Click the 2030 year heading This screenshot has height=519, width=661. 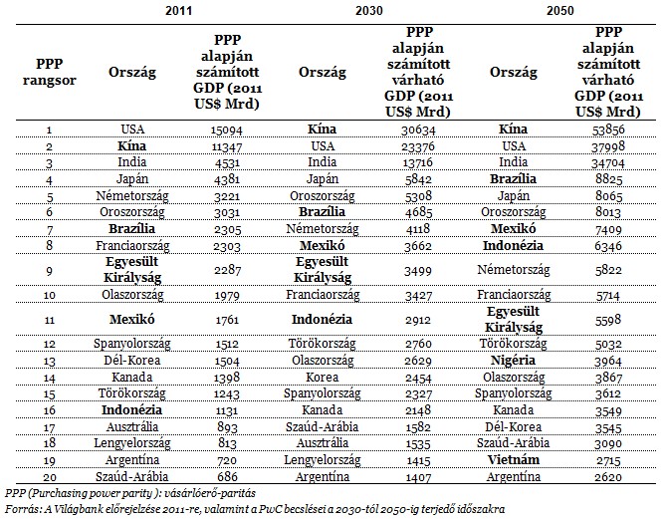[369, 10]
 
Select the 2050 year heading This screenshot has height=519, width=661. [560, 10]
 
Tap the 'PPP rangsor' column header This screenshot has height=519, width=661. [50, 72]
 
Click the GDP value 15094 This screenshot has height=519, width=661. [227, 130]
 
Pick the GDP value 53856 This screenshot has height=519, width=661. [608, 130]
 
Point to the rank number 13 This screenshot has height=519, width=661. [50, 362]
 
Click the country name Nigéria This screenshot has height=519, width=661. [513, 361]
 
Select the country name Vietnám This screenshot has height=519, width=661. [513, 460]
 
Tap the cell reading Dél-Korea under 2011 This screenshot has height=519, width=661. [132, 361]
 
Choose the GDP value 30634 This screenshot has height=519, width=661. [418, 130]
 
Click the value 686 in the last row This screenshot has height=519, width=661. [227, 477]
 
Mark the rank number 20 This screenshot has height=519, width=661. [50, 477]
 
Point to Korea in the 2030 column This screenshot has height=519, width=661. [323, 377]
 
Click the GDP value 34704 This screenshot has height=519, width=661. [608, 163]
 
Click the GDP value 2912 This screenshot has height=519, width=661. [418, 320]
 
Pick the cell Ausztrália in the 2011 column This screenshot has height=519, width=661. [132, 426]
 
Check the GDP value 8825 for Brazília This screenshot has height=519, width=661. [608, 179]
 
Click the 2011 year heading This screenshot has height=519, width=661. [179, 10]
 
